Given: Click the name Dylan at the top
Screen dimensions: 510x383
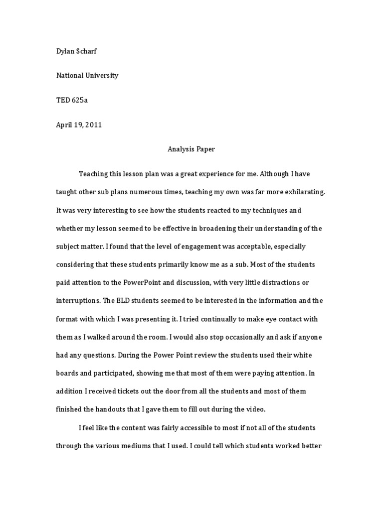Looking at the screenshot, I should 65,51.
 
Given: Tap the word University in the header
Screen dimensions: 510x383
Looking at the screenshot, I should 101,76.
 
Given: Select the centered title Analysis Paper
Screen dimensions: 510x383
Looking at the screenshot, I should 191,149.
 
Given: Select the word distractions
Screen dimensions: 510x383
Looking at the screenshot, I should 279,282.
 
